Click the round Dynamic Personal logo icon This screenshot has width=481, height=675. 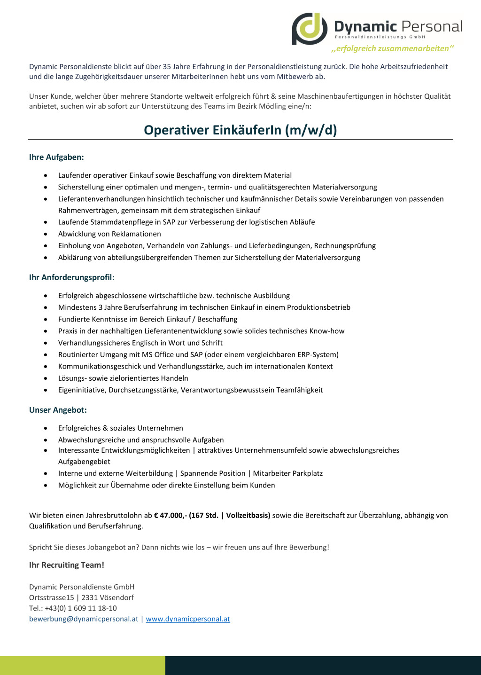(x=310, y=29)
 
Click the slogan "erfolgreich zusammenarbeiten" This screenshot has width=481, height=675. (x=393, y=49)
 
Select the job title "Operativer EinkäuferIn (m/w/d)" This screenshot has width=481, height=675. (x=240, y=130)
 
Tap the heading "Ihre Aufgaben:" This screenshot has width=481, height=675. (x=56, y=157)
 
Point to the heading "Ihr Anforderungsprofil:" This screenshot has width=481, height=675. (x=72, y=277)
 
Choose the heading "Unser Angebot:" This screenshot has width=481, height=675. (x=58, y=410)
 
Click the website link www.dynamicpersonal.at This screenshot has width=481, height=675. (x=188, y=619)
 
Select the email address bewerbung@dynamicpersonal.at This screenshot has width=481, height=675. (x=84, y=619)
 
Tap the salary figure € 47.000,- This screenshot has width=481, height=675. (x=171, y=515)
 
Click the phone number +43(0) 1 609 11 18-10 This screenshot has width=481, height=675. (x=81, y=608)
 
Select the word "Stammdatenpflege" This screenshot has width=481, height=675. (x=113, y=222)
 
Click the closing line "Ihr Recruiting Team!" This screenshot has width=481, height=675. (x=67, y=565)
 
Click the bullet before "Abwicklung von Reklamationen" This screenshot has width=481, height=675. (x=46, y=234)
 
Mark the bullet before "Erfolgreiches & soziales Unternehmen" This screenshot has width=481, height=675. (x=46, y=428)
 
